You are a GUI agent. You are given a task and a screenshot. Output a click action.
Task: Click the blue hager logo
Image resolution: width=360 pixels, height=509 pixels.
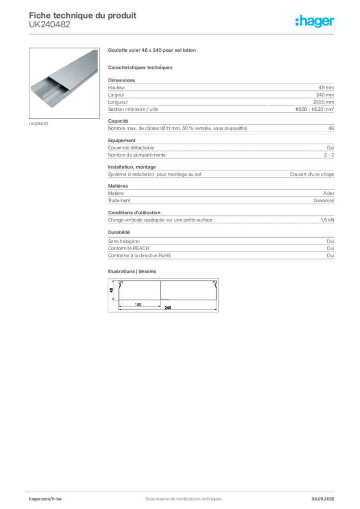click(x=315, y=22)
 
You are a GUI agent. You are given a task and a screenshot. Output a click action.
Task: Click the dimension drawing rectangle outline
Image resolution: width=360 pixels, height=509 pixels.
click(x=163, y=295)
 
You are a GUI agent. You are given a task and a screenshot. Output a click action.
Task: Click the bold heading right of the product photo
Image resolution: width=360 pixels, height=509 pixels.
click(x=153, y=51)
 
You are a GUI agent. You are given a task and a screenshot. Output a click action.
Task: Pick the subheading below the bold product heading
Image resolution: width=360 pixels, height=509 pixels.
click(x=141, y=67)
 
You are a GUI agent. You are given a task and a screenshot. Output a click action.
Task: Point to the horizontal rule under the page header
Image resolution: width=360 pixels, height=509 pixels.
click(x=183, y=34)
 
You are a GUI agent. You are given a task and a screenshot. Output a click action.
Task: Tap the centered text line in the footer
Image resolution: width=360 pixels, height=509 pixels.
click(x=180, y=496)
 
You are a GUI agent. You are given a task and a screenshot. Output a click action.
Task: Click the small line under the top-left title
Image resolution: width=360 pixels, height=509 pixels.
click(x=50, y=28)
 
